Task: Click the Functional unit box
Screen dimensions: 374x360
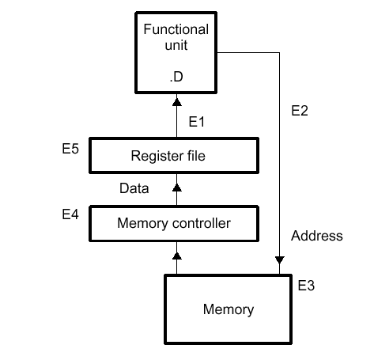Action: (176, 52)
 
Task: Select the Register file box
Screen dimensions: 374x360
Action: (174, 156)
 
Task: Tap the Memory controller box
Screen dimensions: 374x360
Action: (174, 223)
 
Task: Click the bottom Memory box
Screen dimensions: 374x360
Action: (229, 309)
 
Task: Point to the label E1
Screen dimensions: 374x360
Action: (197, 122)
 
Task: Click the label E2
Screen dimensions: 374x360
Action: (300, 111)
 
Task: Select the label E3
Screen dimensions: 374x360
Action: (306, 286)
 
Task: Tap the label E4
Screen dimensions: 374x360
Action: (70, 214)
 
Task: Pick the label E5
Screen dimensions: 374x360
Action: (70, 149)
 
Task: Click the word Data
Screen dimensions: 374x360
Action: (134, 188)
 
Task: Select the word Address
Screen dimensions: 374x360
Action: (317, 236)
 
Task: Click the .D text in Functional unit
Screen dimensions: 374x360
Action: (176, 77)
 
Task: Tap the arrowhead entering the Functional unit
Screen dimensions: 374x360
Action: (177, 102)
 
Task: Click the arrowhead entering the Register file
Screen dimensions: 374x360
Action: (177, 188)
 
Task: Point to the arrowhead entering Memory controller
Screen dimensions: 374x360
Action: (177, 256)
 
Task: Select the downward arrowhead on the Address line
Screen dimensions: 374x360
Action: (280, 260)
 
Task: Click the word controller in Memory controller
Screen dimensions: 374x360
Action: (202, 223)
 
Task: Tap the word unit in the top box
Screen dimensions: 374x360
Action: (176, 45)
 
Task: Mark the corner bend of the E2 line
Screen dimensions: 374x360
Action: (279, 53)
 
